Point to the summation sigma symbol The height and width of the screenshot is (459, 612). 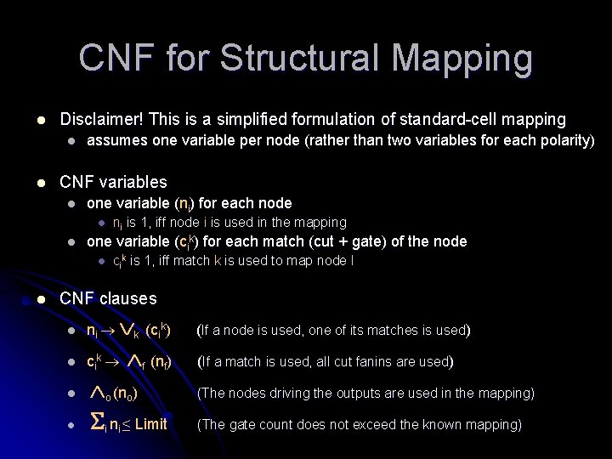(x=95, y=424)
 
